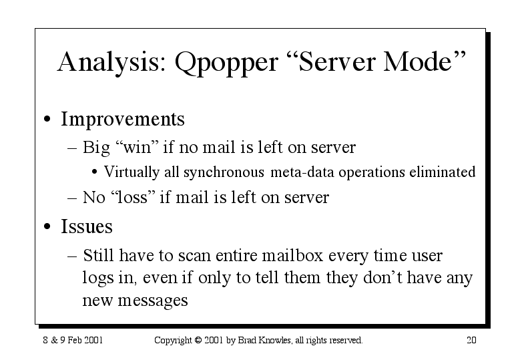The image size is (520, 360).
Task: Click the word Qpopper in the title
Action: point(226,63)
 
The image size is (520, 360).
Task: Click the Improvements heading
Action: point(123,119)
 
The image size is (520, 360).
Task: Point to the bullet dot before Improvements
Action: point(47,119)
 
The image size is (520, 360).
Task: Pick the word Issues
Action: point(87,226)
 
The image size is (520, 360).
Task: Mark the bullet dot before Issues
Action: point(47,226)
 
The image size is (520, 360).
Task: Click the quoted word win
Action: point(137,147)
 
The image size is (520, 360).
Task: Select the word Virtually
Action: point(132,172)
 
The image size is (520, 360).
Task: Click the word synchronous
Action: point(224,172)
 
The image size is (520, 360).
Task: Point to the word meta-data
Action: point(302,172)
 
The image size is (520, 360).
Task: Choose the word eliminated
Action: point(443,172)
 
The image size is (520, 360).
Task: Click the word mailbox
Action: point(292,255)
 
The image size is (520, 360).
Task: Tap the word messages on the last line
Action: point(153,301)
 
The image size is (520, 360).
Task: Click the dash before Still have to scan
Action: point(72,256)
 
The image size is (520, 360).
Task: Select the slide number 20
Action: point(471,340)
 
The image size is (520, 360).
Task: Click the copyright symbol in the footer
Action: point(198,340)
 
